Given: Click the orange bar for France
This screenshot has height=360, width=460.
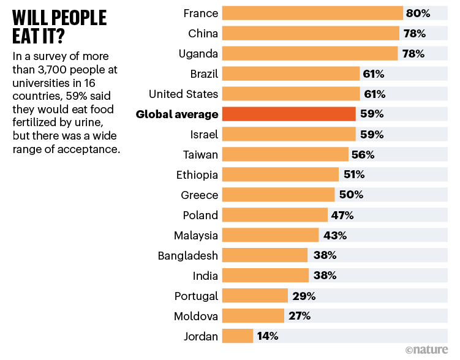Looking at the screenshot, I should (x=312, y=13).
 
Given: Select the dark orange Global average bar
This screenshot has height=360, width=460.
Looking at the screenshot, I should (x=288, y=114).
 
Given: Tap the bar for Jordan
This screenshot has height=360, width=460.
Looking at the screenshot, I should (x=238, y=336).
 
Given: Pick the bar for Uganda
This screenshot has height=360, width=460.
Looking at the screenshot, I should (x=310, y=53).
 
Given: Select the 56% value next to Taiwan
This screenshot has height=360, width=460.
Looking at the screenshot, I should (x=362, y=154).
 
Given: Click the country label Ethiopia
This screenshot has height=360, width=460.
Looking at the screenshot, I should (x=197, y=174).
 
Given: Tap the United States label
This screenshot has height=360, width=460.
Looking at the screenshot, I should (x=183, y=94).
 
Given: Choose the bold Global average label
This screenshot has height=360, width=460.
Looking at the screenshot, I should (x=177, y=114).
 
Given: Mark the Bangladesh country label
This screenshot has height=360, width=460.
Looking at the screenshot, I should (x=187, y=255).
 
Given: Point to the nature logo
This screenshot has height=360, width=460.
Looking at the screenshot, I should (x=429, y=350).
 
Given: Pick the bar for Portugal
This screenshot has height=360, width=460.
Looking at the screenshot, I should (x=255, y=296).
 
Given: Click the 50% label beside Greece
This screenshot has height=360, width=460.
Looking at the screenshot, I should (x=351, y=195).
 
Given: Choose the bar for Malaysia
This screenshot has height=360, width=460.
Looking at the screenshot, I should (x=270, y=235).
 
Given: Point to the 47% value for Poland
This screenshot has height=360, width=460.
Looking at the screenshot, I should (x=342, y=215).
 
